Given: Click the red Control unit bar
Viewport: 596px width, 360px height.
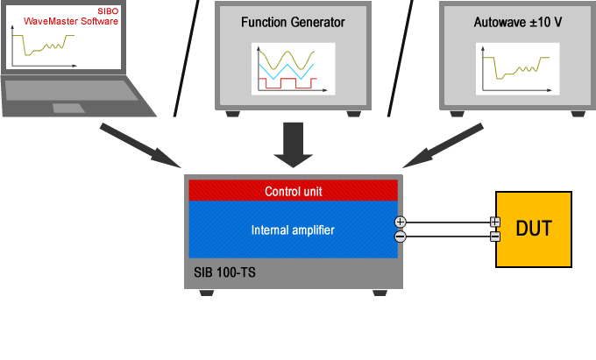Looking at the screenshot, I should (x=294, y=191).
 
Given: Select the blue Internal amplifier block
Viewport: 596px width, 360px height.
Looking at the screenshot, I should (x=294, y=230).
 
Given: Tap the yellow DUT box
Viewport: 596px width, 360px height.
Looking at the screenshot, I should (x=534, y=229).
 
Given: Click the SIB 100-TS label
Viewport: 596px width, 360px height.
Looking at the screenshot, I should (x=225, y=272).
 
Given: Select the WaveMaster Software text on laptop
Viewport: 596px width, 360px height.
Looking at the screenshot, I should (x=70, y=20).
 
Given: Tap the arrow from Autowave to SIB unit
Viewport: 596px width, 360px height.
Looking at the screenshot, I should (x=443, y=145).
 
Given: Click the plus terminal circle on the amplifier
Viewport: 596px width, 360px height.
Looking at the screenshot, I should (x=401, y=222).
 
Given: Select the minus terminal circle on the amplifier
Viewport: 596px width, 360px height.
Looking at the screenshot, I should (x=401, y=236).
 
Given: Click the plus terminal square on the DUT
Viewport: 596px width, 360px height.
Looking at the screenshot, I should (x=494, y=222).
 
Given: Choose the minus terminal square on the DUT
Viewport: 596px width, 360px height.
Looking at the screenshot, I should (x=494, y=236).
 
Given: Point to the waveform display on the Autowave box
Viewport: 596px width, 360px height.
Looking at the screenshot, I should (x=512, y=67).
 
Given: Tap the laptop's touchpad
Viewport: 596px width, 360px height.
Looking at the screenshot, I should (x=67, y=108).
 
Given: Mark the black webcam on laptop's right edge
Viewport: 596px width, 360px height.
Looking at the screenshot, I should (x=130, y=20).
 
